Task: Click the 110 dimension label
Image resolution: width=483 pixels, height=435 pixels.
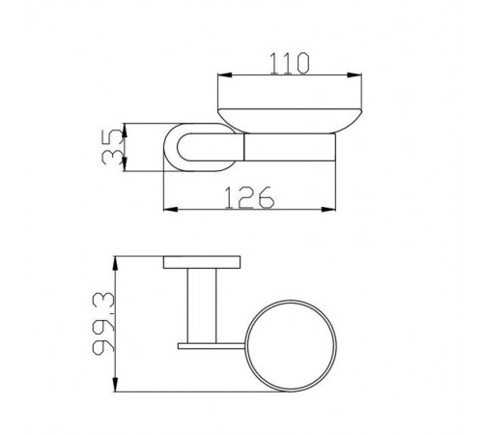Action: (290, 64)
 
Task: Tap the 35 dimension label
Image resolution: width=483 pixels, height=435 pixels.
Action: (112, 147)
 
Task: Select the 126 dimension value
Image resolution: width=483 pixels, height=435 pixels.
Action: (249, 197)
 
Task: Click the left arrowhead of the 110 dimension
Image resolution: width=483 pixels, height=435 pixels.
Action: (225, 75)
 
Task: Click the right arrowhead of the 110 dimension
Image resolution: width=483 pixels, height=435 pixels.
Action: (355, 75)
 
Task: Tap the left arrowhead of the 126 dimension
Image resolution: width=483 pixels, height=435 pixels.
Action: (171, 210)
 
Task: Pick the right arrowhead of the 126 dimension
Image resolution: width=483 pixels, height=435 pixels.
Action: (328, 210)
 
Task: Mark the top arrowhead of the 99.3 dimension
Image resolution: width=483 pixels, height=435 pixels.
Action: (115, 264)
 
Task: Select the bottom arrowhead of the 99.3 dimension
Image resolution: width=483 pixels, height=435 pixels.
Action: (115, 384)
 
